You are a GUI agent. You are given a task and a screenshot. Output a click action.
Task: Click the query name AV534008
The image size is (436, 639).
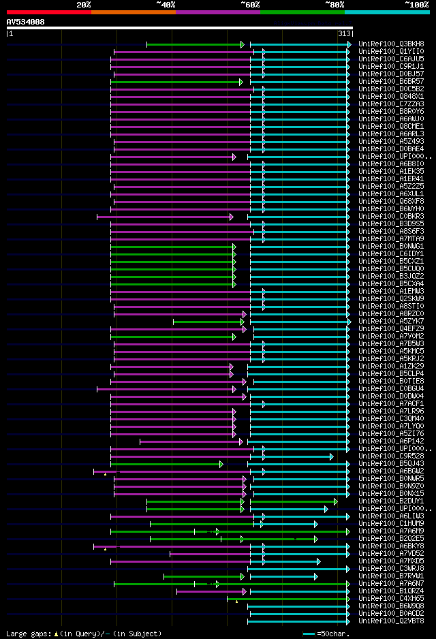coord(25,22)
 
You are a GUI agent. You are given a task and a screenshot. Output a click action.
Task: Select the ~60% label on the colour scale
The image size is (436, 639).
coord(250,4)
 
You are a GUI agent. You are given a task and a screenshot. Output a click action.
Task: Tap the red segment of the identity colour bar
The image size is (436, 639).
coord(48,12)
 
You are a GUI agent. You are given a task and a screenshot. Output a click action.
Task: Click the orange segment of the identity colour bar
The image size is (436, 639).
coord(134,12)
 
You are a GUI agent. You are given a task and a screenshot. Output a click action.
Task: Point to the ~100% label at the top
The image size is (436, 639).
coord(417,4)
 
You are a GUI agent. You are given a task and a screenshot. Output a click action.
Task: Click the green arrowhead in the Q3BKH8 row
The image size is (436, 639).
coord(242,44)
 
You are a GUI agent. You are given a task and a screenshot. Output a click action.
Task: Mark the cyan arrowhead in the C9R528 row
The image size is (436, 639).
coord(332,456)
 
